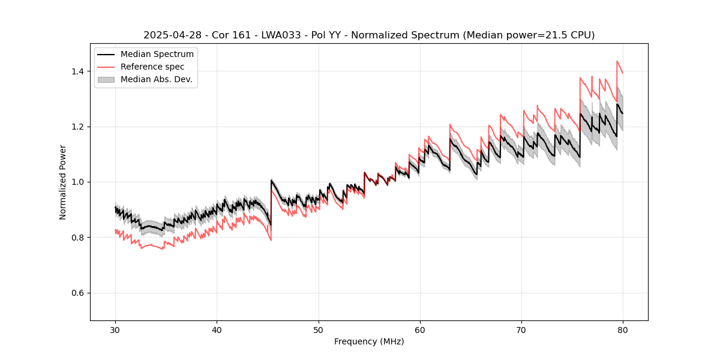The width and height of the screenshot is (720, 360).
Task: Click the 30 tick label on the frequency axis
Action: pos(115,329)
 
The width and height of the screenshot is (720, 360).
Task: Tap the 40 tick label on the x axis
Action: pos(217,329)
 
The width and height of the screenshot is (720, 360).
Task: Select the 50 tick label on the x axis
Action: pos(318,329)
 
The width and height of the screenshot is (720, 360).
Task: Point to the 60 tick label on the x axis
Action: pos(420,329)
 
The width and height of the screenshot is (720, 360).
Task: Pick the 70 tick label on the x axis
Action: pos(521,329)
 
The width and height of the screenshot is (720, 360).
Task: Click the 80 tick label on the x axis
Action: pos(623,329)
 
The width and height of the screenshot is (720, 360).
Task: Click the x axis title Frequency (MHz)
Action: pos(369,341)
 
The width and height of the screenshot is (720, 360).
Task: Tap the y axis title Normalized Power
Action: pos(63,182)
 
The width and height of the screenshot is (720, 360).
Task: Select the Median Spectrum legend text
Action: pos(157,55)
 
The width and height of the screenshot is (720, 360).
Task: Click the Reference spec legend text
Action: pos(152,67)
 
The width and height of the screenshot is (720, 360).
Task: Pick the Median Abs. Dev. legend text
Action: pos(156,79)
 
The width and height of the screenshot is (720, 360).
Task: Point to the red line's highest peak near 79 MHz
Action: pos(617,61)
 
